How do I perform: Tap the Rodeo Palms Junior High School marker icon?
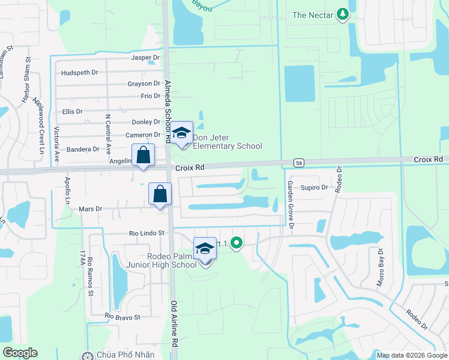205,249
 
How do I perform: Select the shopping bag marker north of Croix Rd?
143,156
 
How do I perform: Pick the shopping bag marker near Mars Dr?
160,194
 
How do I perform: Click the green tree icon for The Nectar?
342,14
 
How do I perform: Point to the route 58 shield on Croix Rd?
298,162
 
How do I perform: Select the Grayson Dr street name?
143,84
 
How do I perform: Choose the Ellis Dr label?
72,112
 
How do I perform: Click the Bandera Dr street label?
83,149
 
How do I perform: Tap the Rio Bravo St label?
122,316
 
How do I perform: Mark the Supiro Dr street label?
314,188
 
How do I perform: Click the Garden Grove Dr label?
290,205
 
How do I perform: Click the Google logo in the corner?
19,353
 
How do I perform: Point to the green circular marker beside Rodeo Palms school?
237,244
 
